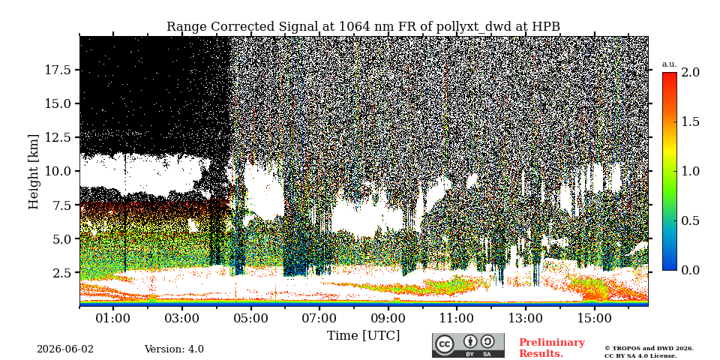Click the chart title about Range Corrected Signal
tap(363, 27)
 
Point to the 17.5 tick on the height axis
tap(58, 70)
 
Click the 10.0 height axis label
tap(58, 171)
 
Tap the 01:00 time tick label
tap(113, 318)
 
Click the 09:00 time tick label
tap(388, 318)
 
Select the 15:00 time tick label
tap(595, 318)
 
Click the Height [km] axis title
tap(34, 172)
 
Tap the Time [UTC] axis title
tap(363, 336)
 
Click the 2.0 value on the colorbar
tap(690, 72)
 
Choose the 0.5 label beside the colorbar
tap(690, 220)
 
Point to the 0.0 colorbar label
tap(690, 271)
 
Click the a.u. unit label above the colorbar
tap(670, 64)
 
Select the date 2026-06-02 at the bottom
tap(65, 349)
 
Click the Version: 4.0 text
tap(174, 349)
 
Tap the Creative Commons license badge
tap(468, 345)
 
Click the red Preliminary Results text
tap(552, 348)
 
